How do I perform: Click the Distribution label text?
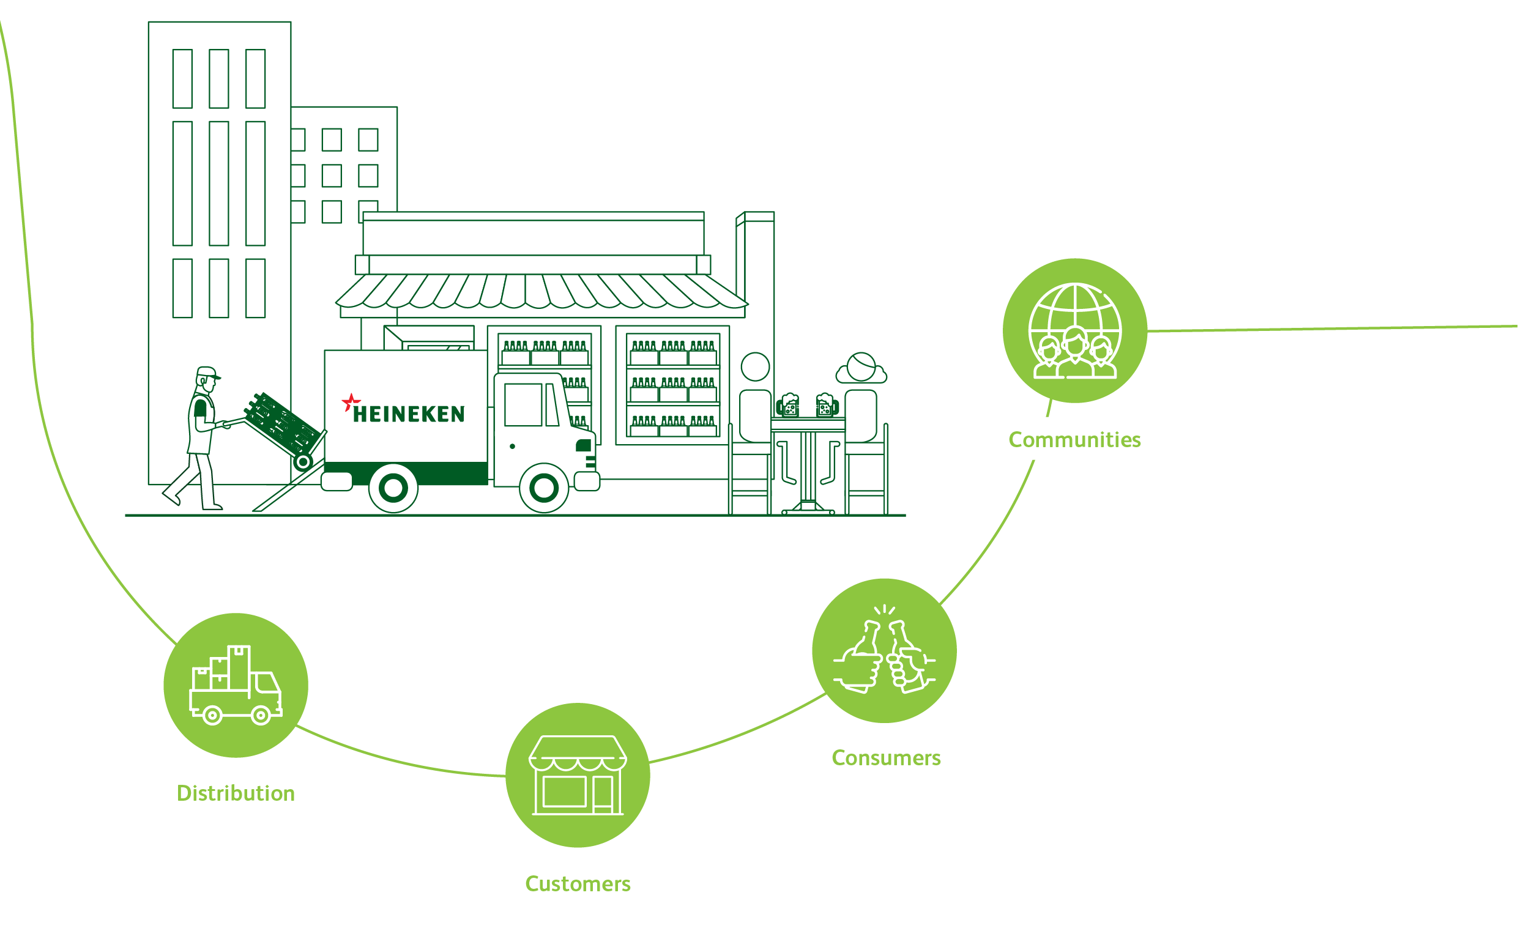coord(236,793)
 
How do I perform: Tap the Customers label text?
coord(578,883)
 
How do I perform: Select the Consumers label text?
coord(886,758)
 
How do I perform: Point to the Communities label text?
coord(1074,440)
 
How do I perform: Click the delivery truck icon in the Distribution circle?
coord(236,686)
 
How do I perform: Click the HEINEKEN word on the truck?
coord(409,414)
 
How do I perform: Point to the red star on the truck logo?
coord(351,401)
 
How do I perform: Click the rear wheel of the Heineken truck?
coord(393,488)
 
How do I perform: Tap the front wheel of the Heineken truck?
coord(543,488)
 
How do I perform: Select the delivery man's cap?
coord(207,372)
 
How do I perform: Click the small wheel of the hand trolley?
coord(303,461)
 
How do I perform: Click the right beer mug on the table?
coord(825,406)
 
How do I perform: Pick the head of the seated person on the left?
coord(755,366)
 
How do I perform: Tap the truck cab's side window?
coord(523,404)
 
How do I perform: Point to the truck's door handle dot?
coord(512,446)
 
